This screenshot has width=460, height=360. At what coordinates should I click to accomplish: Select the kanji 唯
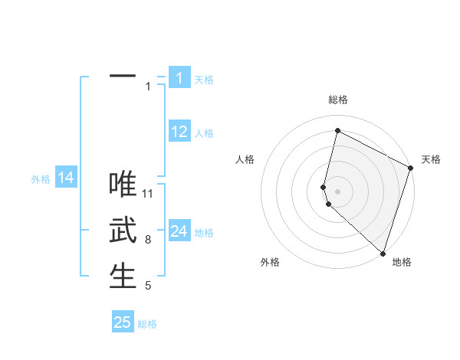(123, 184)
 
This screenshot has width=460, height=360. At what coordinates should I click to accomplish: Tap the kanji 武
(123, 230)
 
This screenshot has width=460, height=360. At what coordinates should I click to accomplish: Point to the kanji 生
(123, 276)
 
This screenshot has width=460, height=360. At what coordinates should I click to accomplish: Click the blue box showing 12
(179, 132)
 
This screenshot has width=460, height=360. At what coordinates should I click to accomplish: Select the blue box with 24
(179, 231)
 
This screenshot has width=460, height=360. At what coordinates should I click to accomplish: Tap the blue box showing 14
(66, 178)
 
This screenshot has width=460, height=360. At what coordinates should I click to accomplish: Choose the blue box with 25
(123, 322)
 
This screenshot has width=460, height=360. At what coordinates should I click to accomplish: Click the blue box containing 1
(179, 78)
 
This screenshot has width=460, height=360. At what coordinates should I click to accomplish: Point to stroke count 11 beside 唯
(148, 193)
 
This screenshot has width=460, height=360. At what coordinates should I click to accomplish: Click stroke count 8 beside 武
(148, 240)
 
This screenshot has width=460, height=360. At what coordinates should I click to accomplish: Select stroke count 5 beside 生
(148, 286)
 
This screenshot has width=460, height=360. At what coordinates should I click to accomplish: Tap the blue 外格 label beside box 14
(41, 179)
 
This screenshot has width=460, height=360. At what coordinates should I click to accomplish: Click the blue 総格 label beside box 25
(147, 324)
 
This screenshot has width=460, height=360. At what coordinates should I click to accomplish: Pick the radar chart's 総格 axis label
(337, 100)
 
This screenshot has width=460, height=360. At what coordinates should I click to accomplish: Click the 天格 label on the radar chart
(431, 159)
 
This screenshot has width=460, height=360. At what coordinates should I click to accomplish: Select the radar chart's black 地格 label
(402, 262)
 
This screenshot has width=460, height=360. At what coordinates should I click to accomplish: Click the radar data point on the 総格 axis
(337, 131)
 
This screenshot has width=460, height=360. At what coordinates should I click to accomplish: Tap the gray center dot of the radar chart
(337, 191)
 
